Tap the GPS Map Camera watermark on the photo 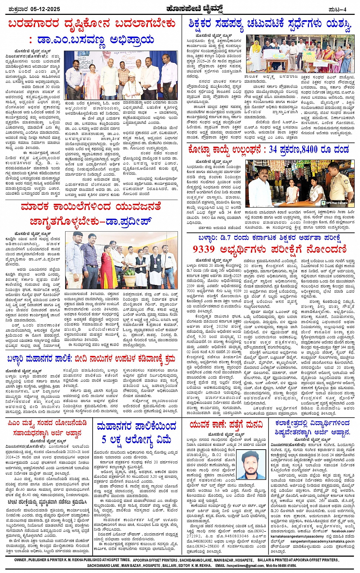pos(337,202)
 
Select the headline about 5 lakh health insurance pos(136,433)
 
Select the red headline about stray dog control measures pos(91,359)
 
